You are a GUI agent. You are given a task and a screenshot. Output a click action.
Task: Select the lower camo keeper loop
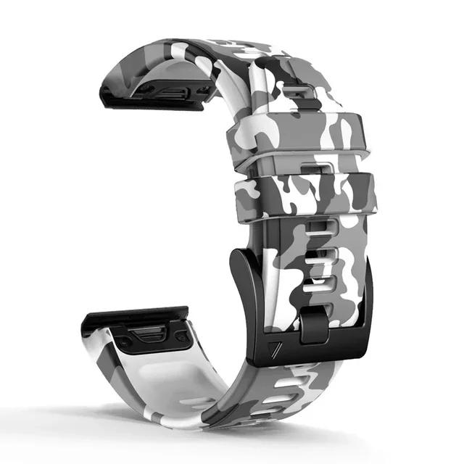coord(304,194)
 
